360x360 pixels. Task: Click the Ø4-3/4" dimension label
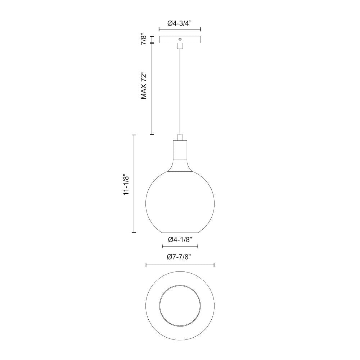(x=180, y=23)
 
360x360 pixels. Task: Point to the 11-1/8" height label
(x=126, y=185)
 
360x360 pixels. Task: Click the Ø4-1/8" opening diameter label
(x=180, y=239)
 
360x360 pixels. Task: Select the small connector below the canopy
(x=180, y=46)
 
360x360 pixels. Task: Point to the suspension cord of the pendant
(x=180, y=90)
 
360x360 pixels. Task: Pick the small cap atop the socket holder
(x=180, y=137)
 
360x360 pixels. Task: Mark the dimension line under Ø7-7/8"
(x=180, y=265)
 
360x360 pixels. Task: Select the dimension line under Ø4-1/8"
(x=180, y=247)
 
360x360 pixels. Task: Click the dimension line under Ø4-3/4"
(x=180, y=30)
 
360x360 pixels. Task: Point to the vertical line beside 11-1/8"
(x=134, y=184)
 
